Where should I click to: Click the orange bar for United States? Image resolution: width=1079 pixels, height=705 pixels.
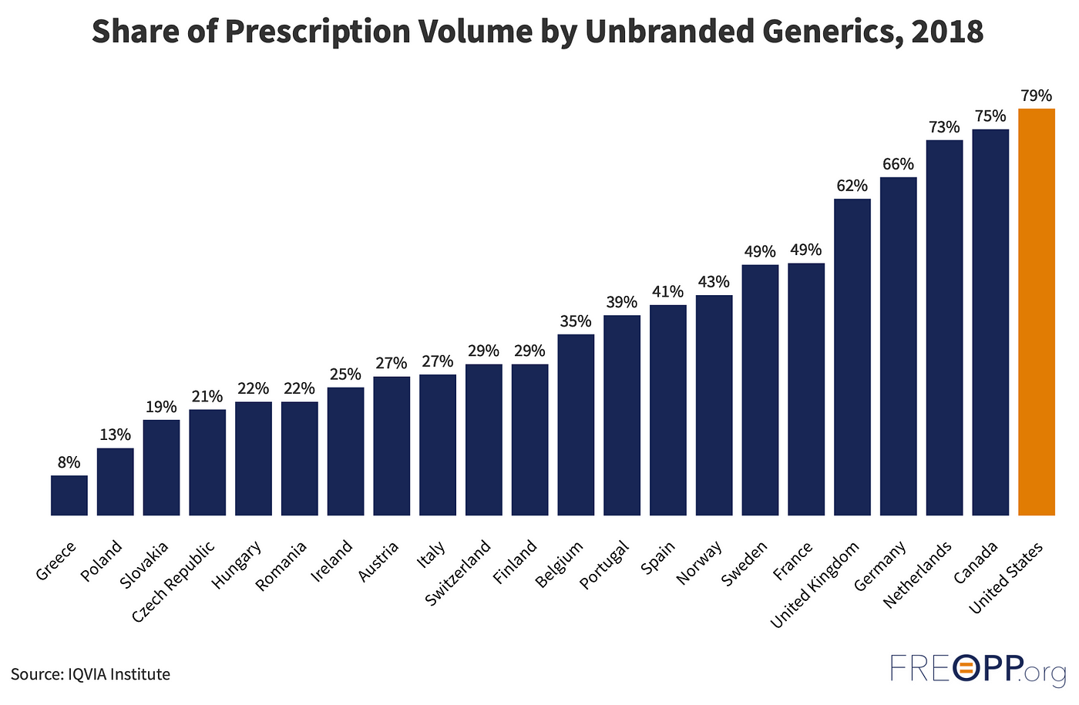[1036, 312]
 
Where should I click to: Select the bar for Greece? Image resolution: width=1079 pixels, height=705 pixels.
[69, 495]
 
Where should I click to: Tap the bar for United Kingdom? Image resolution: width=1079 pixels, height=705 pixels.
[852, 357]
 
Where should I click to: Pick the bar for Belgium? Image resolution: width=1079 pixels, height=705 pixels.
[576, 425]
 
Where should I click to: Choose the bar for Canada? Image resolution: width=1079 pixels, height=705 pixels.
[990, 322]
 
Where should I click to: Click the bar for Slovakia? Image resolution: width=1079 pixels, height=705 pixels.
[161, 468]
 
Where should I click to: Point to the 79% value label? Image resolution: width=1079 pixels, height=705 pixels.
[1036, 96]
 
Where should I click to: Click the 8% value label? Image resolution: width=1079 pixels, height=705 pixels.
[69, 463]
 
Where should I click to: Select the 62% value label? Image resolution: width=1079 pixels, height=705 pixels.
[852, 186]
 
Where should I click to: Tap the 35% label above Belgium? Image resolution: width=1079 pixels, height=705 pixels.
[576, 321]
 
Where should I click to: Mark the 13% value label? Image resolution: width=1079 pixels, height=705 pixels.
[115, 435]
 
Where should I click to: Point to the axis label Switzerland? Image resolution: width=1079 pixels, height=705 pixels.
[459, 573]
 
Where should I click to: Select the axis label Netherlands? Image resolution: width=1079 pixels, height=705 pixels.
[918, 575]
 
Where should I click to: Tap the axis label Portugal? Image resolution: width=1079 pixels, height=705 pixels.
[605, 566]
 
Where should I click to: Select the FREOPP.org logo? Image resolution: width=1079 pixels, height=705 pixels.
[977, 669]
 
